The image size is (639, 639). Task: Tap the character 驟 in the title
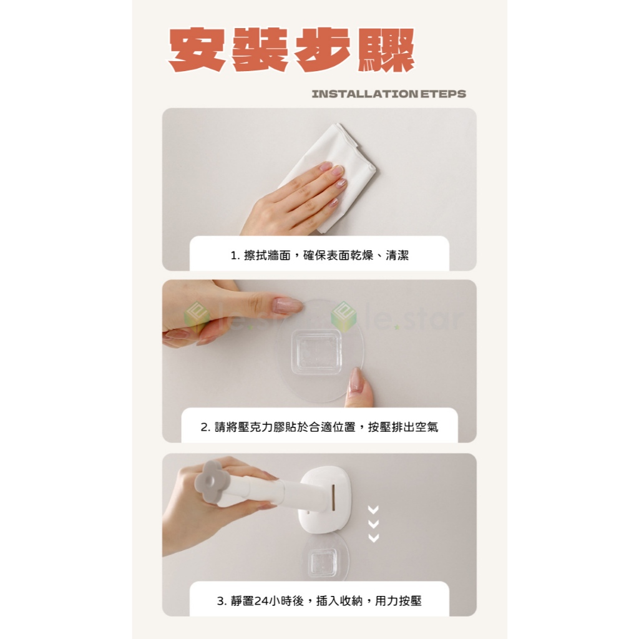pos(386,50)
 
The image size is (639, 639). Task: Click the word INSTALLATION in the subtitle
pos(364,94)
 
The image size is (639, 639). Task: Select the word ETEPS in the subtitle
pos(443,94)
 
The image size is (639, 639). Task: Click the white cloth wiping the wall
pos(334,171)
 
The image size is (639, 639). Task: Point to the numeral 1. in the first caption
pos(235,255)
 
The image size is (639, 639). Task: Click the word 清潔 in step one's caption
pos(397,255)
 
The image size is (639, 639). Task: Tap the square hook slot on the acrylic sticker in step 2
pos(316,352)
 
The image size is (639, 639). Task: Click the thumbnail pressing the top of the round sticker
pos(288,305)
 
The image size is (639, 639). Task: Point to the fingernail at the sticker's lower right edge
pos(356,379)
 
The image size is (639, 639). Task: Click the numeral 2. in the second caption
pos(205,427)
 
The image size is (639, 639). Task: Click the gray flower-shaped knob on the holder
pos(210,482)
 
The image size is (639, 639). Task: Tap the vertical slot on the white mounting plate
pos(333,497)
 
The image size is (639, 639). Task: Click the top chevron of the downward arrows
pos(373,510)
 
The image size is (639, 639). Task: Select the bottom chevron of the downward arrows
pos(373,538)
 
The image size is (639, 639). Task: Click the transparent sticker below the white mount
pos(324,559)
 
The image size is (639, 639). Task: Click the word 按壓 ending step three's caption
pos(409,601)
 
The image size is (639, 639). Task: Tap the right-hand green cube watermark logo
pos(343,317)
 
